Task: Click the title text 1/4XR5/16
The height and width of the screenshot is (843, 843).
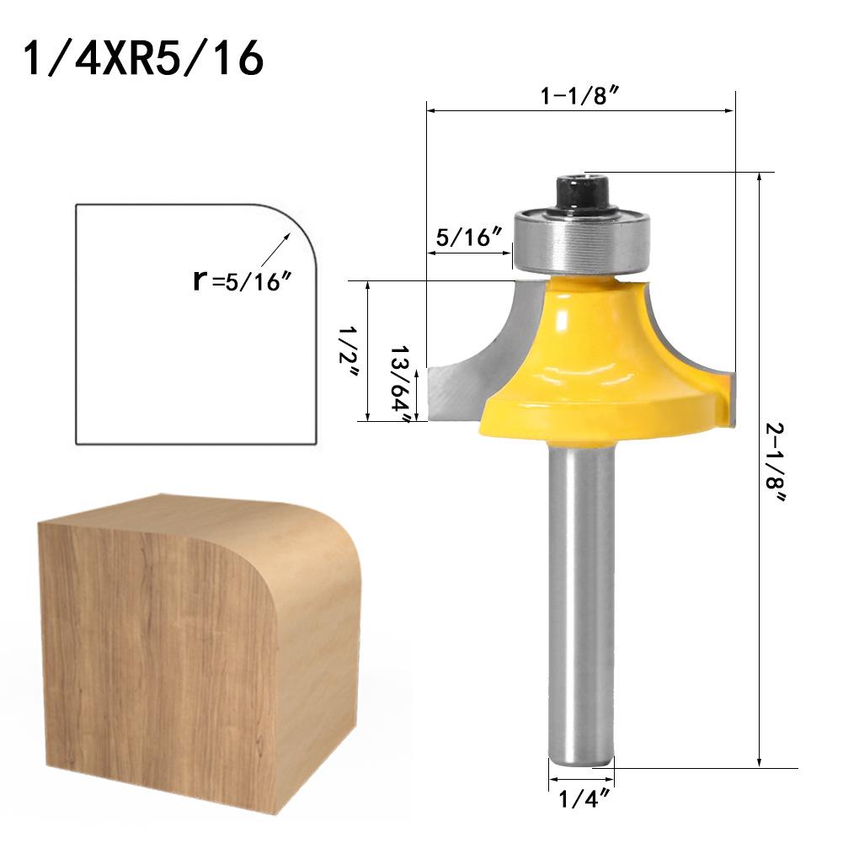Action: click(144, 58)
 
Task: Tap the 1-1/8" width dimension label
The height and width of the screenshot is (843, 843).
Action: click(580, 95)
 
